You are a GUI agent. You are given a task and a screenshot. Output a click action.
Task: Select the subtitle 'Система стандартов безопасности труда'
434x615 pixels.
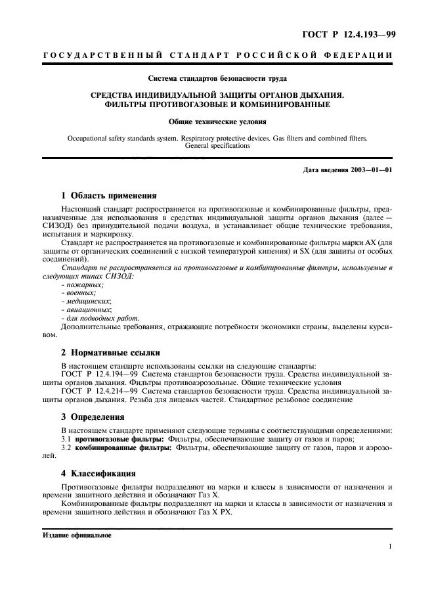(x=217, y=79)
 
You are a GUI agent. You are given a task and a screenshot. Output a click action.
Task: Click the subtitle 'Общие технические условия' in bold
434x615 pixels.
(x=217, y=122)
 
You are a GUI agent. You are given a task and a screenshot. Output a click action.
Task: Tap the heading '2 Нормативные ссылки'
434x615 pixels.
(x=110, y=353)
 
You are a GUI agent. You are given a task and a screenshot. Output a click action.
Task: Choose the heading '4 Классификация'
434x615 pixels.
(x=98, y=472)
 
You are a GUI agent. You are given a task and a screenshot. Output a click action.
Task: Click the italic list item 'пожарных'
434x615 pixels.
(x=82, y=285)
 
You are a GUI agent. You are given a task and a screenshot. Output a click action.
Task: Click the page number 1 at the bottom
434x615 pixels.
(x=390, y=547)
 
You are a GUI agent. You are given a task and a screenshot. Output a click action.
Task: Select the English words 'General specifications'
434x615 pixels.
(x=217, y=146)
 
